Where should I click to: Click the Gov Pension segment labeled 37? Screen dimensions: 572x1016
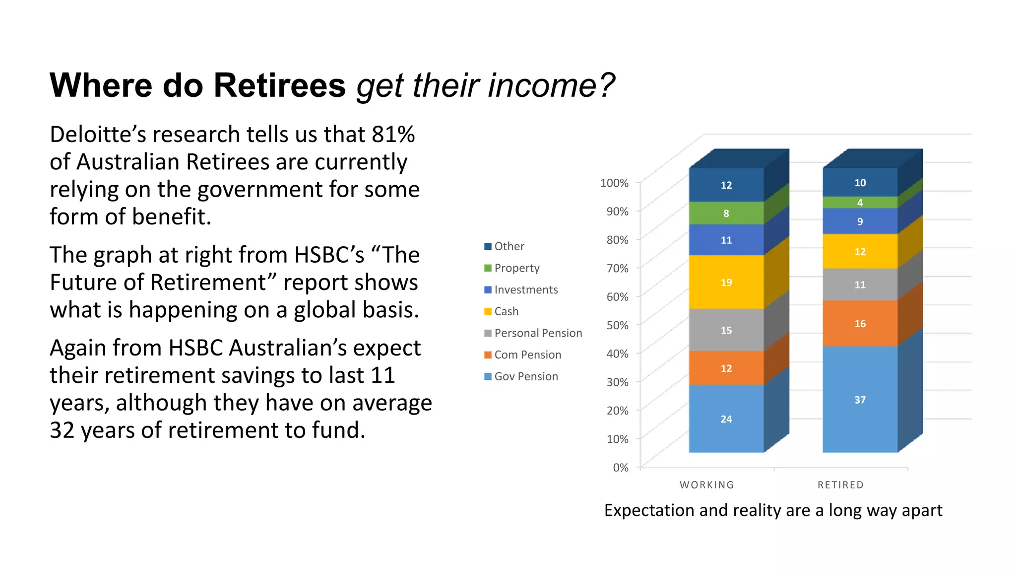[860, 399]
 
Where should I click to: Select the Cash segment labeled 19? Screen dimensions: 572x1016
[726, 282]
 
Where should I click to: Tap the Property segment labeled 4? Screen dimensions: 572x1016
[860, 203]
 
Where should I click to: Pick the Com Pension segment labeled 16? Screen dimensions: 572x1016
[860, 323]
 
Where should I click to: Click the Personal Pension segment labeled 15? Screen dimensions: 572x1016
[726, 330]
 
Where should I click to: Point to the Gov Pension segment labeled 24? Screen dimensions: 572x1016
[726, 419]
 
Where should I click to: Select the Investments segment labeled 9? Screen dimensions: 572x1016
[860, 221]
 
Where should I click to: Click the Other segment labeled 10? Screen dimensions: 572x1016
[860, 182]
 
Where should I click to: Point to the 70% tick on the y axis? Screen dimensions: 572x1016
[617, 269]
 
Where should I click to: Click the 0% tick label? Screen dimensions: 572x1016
[620, 468]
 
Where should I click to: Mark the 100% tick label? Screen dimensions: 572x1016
[614, 183]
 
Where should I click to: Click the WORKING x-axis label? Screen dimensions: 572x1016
[706, 485]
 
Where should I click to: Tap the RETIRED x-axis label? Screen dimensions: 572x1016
[840, 485]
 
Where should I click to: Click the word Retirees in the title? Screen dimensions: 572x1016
[279, 85]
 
